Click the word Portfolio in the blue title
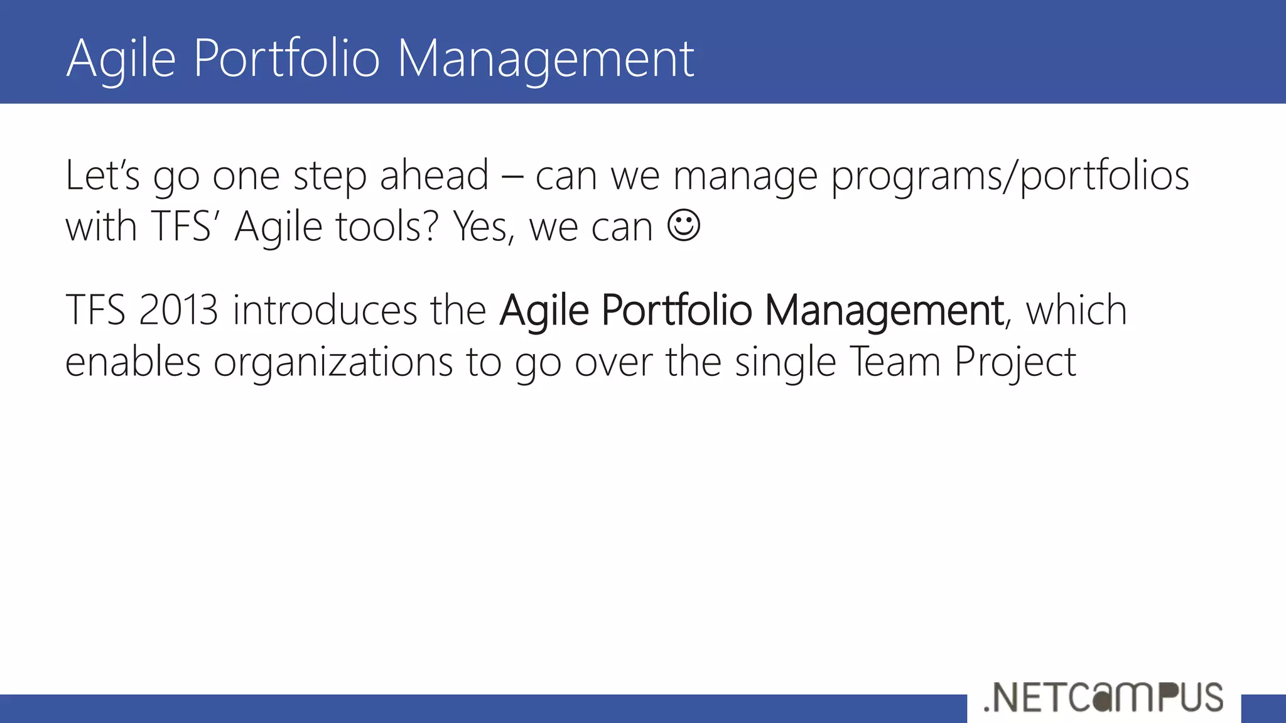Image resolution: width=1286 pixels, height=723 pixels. tap(287, 58)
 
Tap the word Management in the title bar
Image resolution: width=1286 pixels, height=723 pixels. tap(545, 58)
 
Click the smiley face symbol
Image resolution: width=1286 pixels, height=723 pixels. tap(683, 225)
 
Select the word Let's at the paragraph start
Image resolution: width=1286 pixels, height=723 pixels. tap(102, 175)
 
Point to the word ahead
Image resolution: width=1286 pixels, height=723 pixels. tap(434, 175)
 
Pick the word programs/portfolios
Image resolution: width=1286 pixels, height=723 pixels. tap(1010, 176)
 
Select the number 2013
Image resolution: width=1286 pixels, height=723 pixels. tap(178, 310)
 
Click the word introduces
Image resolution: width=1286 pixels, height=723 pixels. tap(325, 310)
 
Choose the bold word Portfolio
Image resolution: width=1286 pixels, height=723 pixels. tap(676, 310)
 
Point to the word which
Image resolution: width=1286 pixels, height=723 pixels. tap(1076, 310)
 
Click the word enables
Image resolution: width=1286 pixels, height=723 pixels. tap(132, 362)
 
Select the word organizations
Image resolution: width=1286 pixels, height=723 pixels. tap(333, 363)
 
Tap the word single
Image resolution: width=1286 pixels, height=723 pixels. tap(785, 363)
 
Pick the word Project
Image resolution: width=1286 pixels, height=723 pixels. tap(1015, 363)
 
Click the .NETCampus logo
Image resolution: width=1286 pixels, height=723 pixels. tap(1103, 697)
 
